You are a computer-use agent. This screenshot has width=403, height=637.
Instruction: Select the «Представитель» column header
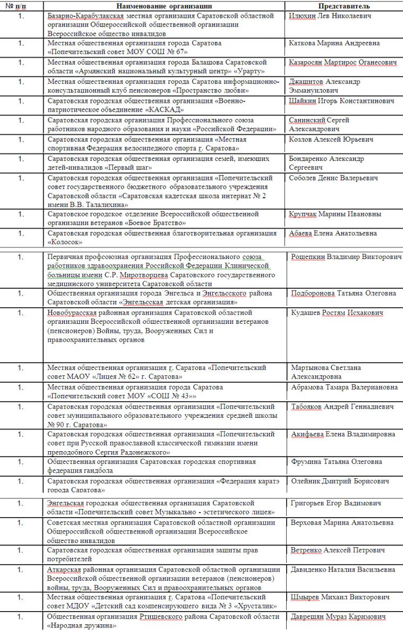[x=344, y=6]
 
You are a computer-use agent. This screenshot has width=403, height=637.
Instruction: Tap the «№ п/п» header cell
[x=21, y=6]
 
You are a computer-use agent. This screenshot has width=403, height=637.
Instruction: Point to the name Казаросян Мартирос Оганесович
[x=342, y=63]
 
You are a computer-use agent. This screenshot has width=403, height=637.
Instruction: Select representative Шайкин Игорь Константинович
[x=341, y=101]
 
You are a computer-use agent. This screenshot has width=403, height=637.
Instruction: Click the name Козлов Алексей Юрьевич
[x=331, y=140]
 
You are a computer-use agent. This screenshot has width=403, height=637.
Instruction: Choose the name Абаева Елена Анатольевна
[x=333, y=233]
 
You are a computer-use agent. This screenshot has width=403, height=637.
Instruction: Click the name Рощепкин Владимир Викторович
[x=346, y=257]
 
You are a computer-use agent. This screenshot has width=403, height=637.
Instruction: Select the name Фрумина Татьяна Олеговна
[x=337, y=462]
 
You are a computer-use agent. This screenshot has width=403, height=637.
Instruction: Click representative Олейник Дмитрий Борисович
[x=340, y=481]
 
